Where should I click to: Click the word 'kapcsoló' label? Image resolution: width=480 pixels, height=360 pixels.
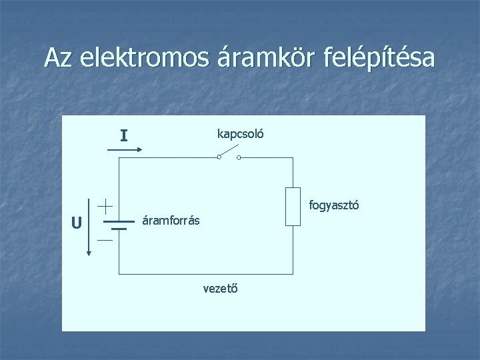coord(240,133)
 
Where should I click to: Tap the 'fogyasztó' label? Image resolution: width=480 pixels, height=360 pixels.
coord(333,206)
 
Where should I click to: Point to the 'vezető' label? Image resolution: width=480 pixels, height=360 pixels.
coord(221,288)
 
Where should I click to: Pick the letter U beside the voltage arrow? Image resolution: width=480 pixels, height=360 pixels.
coord(77,223)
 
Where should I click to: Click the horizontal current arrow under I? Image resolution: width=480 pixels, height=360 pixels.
coord(123,149)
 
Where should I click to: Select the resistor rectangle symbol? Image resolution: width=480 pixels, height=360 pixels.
coord(293,207)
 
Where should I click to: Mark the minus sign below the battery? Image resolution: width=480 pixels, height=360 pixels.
coord(105,239)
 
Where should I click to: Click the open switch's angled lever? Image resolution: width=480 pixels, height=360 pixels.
coord(228,153)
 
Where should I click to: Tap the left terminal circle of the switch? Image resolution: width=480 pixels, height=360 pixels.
coord(219,158)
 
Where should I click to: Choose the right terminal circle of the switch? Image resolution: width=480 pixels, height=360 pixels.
coord(239,158)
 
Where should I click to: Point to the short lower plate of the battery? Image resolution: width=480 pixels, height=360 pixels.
coord(119,228)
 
